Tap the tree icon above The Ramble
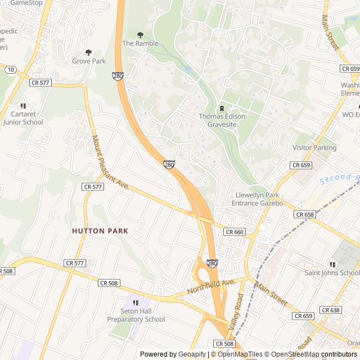[x=140, y=35]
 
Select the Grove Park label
[x=88, y=61]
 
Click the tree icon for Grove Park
[x=88, y=52]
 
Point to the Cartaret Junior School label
[x=22, y=118]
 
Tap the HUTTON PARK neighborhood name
[x=100, y=231]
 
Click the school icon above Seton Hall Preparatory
[x=135, y=303]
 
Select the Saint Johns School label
[x=332, y=273]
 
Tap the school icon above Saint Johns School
[x=332, y=264]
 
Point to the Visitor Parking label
[x=314, y=148]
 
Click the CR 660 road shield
[x=234, y=232]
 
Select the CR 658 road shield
[x=304, y=215]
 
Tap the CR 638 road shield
[x=331, y=310]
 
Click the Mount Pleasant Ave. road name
[x=110, y=163]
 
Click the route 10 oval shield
[x=11, y=69]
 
